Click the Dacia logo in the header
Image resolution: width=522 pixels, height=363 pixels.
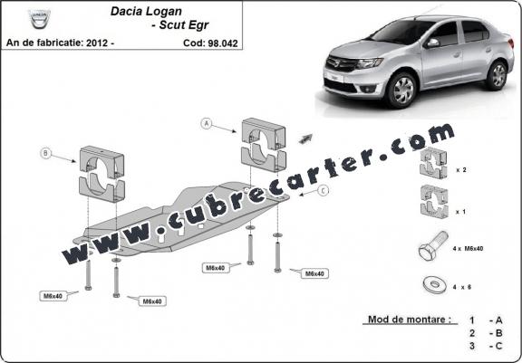pos(39,19)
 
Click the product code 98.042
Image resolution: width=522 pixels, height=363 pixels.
pos(223,43)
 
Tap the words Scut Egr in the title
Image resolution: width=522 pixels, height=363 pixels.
pos(184,25)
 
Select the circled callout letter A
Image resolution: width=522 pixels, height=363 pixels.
pos(207,124)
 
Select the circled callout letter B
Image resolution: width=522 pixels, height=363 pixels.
pos(46,153)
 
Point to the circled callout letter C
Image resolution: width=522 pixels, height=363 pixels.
pos(323,190)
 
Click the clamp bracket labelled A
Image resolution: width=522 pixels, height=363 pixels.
pos(264,145)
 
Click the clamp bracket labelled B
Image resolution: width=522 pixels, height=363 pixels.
pos(101,174)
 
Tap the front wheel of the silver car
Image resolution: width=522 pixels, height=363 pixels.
pos(401,90)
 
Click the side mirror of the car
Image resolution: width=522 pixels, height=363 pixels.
pos(432,43)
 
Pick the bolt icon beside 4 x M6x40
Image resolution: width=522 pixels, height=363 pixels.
pos(433,245)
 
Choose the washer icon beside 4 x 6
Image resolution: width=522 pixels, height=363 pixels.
pos(435,285)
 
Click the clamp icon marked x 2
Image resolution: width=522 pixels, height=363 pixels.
pos(433,163)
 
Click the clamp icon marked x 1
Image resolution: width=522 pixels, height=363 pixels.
pos(434,202)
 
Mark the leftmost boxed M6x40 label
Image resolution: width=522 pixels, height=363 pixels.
pos(53,296)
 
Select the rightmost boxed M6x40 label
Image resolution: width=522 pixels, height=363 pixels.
pos(314,273)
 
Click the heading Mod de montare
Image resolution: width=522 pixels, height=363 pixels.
pos(410,320)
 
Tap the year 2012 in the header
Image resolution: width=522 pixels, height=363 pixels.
pos(97,43)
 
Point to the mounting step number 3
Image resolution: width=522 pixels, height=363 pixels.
pos(472,346)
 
